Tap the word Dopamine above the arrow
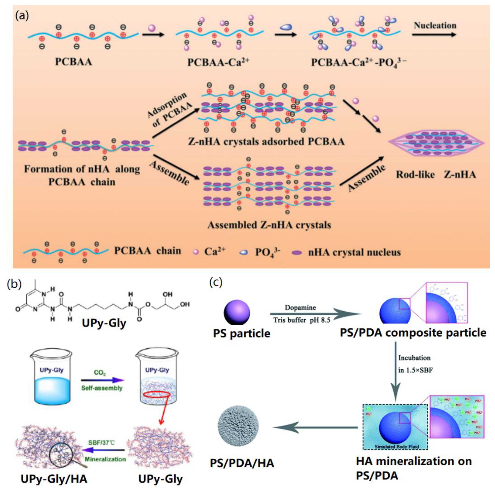tap(300, 307)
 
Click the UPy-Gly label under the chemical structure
tap(104, 323)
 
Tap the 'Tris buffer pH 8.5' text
tap(302, 320)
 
